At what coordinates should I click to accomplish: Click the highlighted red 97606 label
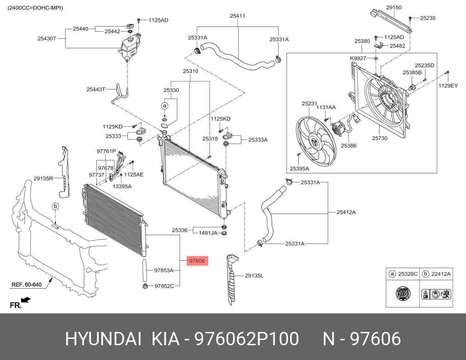tap(197, 261)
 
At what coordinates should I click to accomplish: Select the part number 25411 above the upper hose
tap(237, 16)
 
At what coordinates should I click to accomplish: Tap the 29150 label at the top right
tap(394, 7)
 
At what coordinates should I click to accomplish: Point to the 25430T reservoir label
tap(47, 38)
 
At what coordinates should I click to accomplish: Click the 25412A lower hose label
tap(346, 212)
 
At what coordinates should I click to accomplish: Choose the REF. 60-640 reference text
tap(26, 285)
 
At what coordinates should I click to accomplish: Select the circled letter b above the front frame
tap(55, 206)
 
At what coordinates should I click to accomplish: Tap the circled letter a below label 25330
tap(165, 106)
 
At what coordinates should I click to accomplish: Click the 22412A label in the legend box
tap(441, 274)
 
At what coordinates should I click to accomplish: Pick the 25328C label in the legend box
tap(408, 274)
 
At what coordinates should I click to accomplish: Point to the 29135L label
tap(254, 276)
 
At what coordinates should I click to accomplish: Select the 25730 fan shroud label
tap(380, 138)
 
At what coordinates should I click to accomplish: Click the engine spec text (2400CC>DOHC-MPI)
tap(35, 7)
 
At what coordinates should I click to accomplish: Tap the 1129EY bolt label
tap(448, 86)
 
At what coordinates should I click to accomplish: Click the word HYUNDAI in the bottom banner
tap(103, 339)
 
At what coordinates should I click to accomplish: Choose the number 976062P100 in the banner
tap(246, 339)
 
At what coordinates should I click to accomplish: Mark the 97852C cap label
tap(164, 286)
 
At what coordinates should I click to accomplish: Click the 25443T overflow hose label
tap(96, 89)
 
